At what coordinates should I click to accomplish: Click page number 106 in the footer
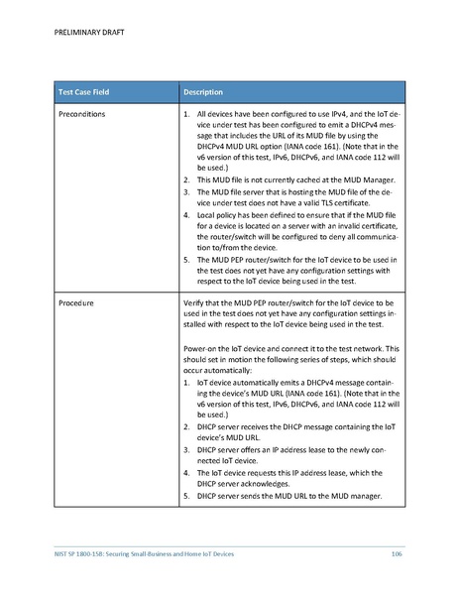tap(396, 551)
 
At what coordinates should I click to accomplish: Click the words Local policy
tap(219, 213)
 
